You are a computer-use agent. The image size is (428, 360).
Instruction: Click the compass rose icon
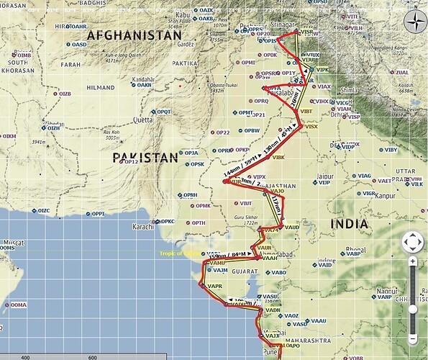tap(414, 21)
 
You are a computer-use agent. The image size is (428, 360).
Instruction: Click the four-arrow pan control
tap(413, 242)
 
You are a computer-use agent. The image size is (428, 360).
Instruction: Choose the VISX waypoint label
tap(311, 127)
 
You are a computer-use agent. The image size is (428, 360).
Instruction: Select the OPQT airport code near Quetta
tap(165, 112)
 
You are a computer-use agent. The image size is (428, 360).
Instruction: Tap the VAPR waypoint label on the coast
tap(214, 287)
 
